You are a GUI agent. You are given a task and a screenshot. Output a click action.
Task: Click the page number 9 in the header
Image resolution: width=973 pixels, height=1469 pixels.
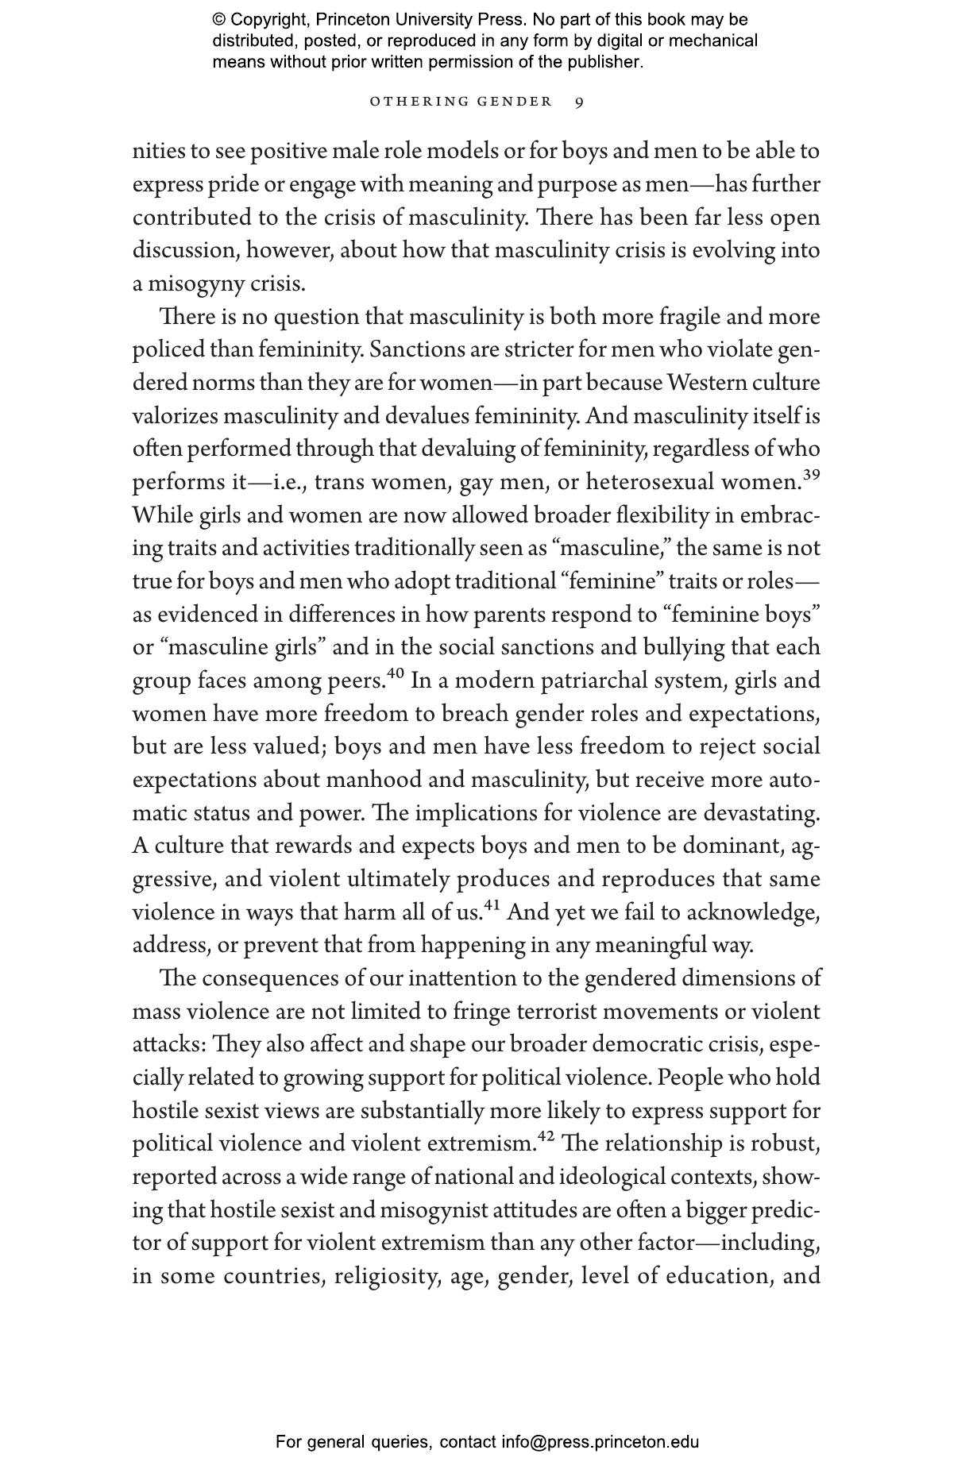pyautogui.click(x=580, y=102)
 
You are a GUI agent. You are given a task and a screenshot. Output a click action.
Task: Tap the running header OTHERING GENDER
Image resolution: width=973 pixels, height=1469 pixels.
pyautogui.click(x=461, y=102)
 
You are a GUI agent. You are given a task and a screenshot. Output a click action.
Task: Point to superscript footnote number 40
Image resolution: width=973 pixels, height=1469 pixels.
pyautogui.click(x=396, y=674)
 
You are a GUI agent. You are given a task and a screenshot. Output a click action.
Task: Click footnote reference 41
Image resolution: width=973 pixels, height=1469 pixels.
pyautogui.click(x=492, y=906)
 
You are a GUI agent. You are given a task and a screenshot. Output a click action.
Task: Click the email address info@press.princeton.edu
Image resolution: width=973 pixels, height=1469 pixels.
pyautogui.click(x=600, y=1442)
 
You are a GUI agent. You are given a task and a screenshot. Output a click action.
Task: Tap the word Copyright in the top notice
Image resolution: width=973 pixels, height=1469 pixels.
pyautogui.click(x=267, y=20)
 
